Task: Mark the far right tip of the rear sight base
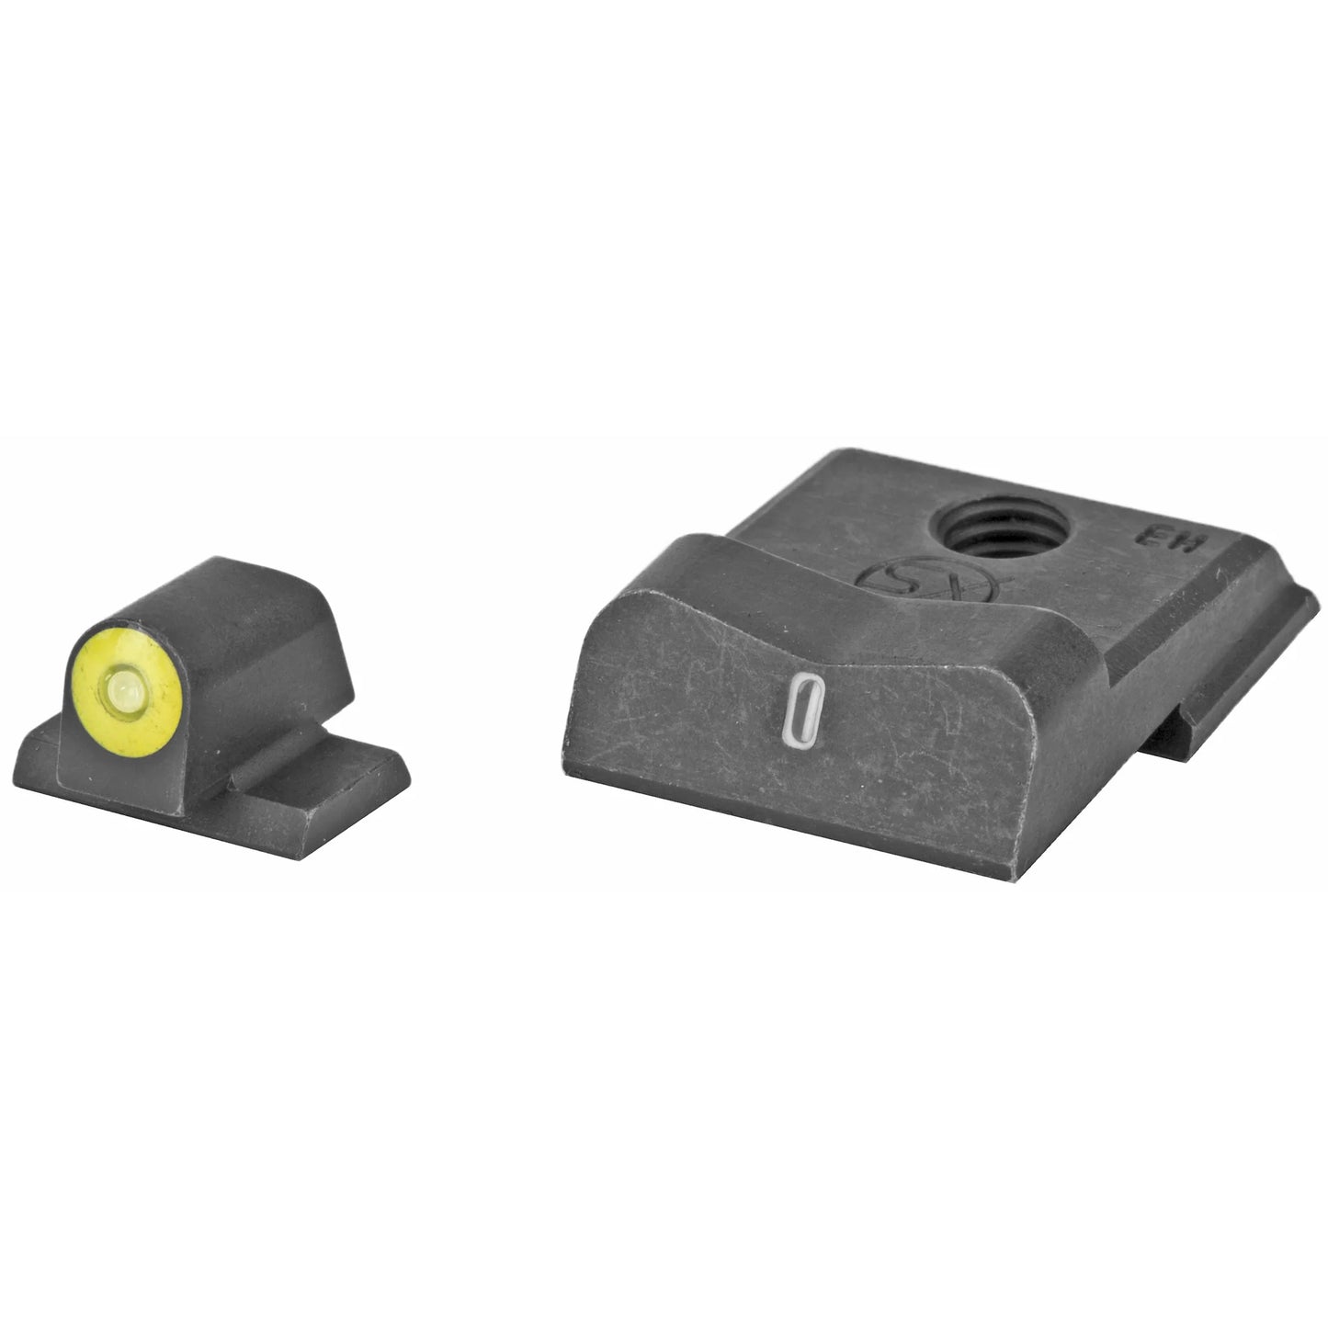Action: (1314, 597)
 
